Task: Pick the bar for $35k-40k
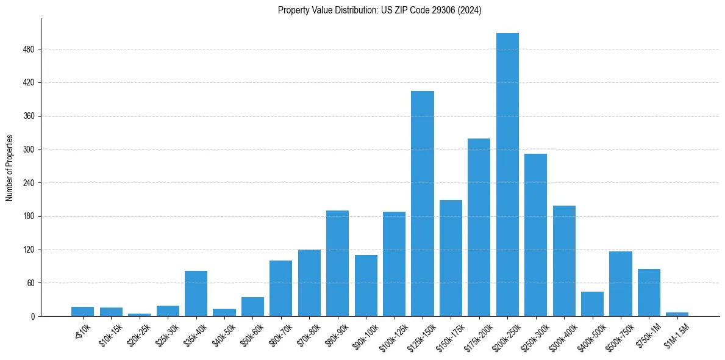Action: (x=196, y=293)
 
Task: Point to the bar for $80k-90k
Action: (x=337, y=263)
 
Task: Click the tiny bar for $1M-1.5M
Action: (x=677, y=314)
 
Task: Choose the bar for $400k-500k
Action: (x=592, y=304)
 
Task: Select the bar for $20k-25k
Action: (x=139, y=315)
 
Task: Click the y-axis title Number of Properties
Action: (x=9, y=167)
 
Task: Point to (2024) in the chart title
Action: (x=471, y=10)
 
